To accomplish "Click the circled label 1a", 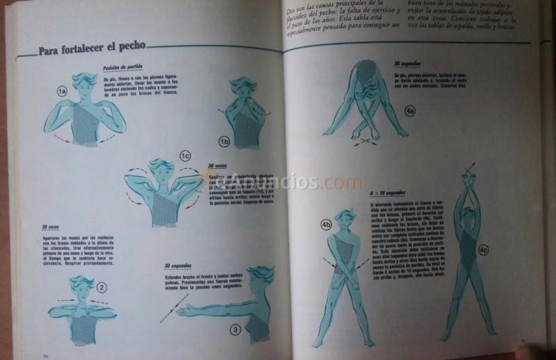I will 62,91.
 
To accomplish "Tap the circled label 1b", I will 224,140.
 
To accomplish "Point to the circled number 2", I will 101,286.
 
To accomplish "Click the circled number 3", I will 236,329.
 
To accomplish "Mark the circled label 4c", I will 484,247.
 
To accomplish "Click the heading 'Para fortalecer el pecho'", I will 92,49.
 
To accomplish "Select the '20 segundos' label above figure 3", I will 179,266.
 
